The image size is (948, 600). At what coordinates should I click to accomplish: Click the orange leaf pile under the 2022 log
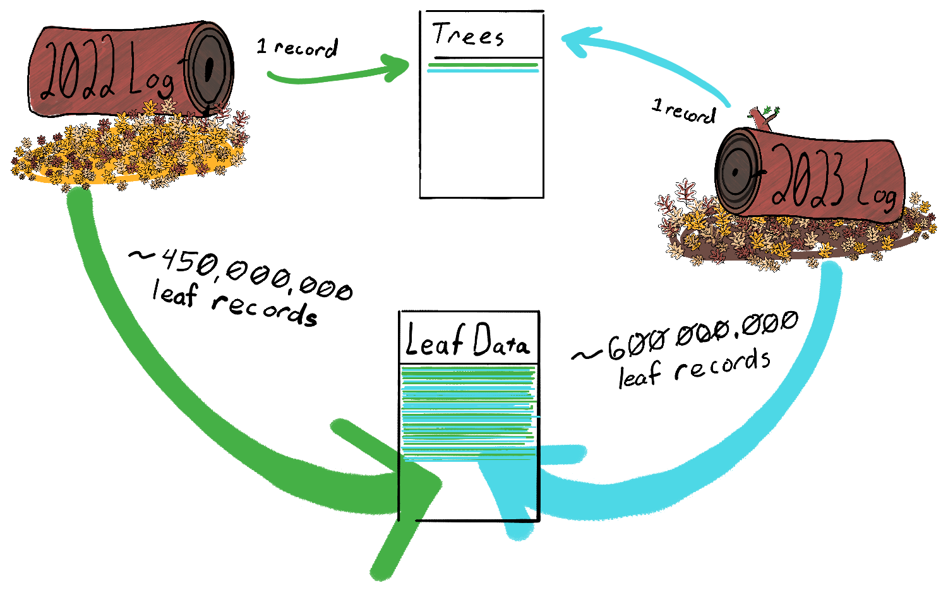(x=126, y=151)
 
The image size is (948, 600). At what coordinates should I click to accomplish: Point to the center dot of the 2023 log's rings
(x=736, y=171)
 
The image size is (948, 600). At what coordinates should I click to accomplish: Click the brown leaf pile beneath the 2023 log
(x=789, y=243)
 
